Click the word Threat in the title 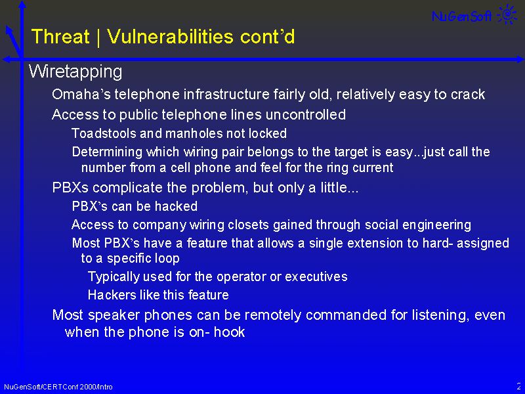(60, 36)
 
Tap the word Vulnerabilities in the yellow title (170, 36)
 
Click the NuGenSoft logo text (462, 16)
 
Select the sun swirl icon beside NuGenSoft (507, 14)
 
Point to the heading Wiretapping (75, 72)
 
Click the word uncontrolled (305, 114)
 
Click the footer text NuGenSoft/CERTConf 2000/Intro (58, 387)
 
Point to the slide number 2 (518, 386)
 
